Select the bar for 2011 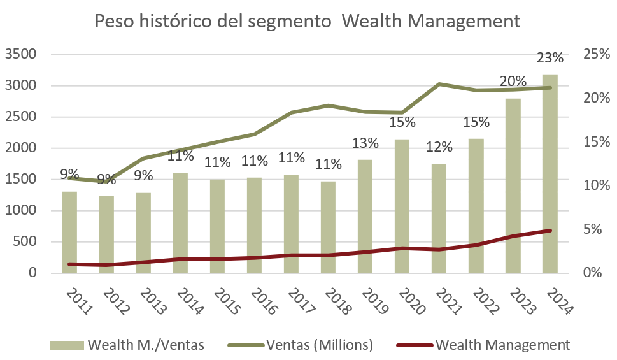coord(69,233)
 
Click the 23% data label coord(550,58)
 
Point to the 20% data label coord(513,82)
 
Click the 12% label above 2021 coord(439,147)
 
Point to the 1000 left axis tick coord(21,211)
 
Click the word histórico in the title coord(167,21)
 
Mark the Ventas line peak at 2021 coord(439,84)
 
